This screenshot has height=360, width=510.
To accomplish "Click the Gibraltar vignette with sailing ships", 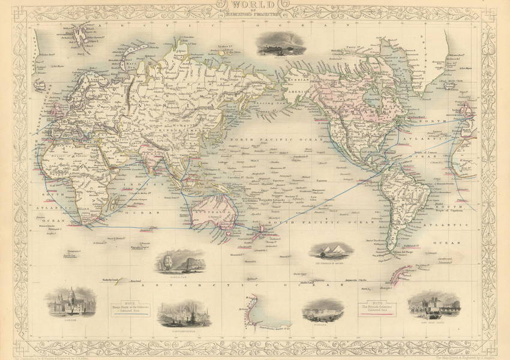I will pyautogui.click(x=172, y=262).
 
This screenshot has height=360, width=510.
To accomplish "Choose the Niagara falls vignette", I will pyautogui.click(x=323, y=311).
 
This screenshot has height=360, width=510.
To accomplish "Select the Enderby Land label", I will pyautogui.click(x=112, y=280).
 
